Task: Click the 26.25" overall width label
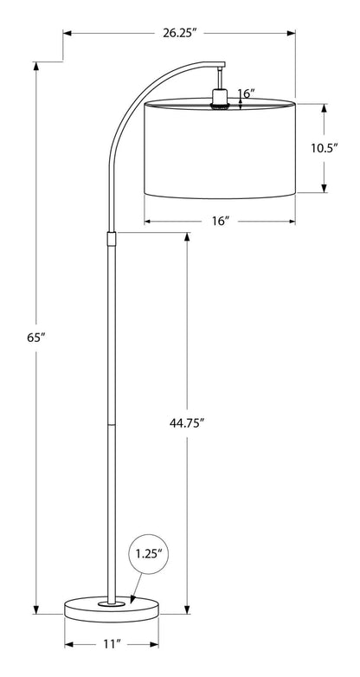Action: [x=180, y=34]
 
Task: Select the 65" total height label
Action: [x=35, y=338]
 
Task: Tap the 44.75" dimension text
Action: [x=187, y=423]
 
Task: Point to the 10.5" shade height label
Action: [x=325, y=147]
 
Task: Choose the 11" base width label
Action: [x=111, y=645]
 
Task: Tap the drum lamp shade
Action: [x=219, y=147]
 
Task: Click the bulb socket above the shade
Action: [x=219, y=93]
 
